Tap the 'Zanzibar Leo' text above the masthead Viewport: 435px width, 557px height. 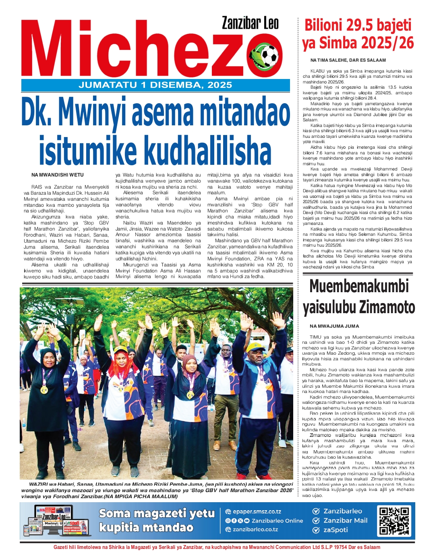(250, 23)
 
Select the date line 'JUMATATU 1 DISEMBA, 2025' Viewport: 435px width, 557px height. (155, 85)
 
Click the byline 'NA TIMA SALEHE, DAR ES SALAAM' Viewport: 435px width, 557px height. (348, 60)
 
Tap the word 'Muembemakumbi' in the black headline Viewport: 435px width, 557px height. (359, 287)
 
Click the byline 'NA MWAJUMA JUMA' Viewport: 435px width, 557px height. (334, 326)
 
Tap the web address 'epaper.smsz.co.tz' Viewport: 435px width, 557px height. (257, 511)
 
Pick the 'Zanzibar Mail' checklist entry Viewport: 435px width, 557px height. (345, 520)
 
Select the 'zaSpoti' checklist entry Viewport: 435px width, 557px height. (336, 530)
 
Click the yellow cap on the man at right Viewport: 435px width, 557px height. (255, 347)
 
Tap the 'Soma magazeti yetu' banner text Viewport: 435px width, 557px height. (157, 513)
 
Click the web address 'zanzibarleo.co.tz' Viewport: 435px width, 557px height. (255, 530)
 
